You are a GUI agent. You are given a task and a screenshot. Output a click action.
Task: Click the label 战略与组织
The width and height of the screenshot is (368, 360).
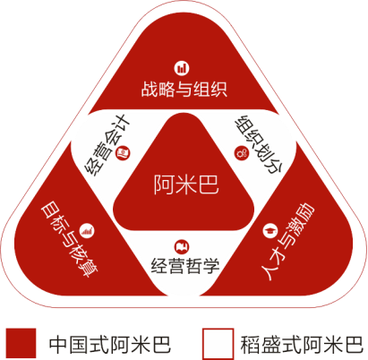click(184, 89)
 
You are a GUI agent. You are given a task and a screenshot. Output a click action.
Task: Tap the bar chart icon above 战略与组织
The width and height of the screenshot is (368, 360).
click(182, 68)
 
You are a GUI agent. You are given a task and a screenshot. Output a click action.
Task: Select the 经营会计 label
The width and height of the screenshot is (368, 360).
click(107, 145)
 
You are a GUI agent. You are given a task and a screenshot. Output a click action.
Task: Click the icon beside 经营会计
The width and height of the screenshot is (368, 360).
click(123, 153)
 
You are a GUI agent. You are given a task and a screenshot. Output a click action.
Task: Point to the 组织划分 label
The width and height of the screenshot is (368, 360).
click(259, 144)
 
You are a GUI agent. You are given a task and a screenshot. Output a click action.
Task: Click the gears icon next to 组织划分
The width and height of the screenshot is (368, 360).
click(242, 153)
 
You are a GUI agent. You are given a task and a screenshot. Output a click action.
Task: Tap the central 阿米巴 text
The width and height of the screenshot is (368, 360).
click(186, 184)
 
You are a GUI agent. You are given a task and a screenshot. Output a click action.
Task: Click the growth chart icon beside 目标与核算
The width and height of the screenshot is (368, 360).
click(87, 231)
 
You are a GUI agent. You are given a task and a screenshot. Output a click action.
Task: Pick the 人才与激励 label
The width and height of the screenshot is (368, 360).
click(287, 241)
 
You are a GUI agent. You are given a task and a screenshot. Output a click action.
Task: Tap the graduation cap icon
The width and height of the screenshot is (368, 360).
click(270, 230)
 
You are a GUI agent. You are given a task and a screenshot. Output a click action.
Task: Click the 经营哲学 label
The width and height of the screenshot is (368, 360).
click(185, 266)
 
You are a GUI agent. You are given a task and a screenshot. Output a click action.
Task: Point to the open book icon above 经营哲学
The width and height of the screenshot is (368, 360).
click(182, 246)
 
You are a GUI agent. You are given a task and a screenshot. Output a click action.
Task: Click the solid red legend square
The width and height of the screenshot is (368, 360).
click(21, 343)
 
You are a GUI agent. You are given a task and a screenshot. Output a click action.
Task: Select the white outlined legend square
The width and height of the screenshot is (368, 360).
click(218, 344)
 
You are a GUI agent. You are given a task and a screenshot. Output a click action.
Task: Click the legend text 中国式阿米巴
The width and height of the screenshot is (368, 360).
click(110, 345)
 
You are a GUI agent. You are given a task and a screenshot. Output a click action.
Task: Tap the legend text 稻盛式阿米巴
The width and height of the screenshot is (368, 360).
click(302, 345)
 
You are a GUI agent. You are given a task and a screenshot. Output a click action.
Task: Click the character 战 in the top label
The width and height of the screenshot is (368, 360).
click(150, 89)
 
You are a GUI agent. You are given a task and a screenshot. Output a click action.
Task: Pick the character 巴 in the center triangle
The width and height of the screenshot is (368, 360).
click(209, 184)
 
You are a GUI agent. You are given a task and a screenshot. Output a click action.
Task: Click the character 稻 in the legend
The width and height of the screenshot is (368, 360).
click(250, 345)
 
